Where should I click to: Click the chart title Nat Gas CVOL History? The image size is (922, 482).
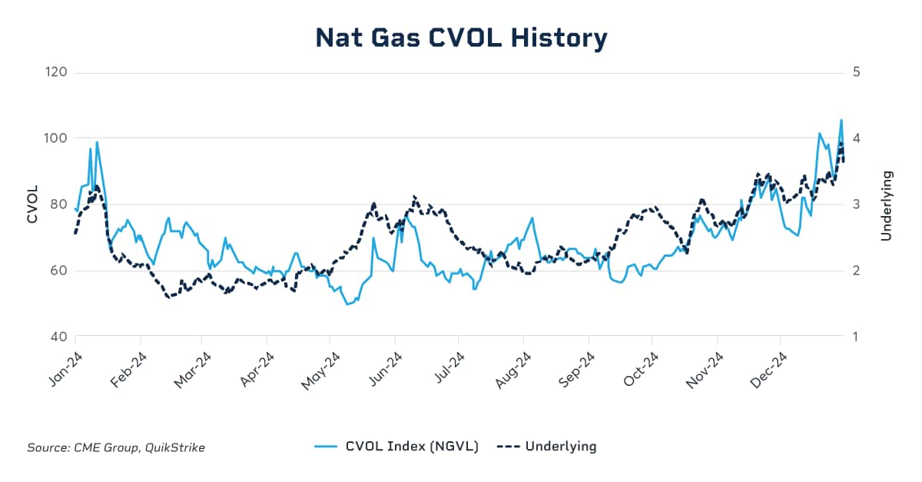coord(461,38)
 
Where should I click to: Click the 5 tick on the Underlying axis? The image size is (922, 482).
coord(856,72)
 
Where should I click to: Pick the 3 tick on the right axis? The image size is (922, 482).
coord(856,204)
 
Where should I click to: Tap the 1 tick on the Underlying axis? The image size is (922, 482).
coord(855,337)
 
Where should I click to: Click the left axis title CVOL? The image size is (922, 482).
coord(32,204)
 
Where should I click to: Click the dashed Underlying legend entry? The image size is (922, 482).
coord(546,446)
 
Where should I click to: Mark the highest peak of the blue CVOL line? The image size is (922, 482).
coord(841,120)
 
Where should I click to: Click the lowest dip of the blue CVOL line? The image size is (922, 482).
coord(347,304)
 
